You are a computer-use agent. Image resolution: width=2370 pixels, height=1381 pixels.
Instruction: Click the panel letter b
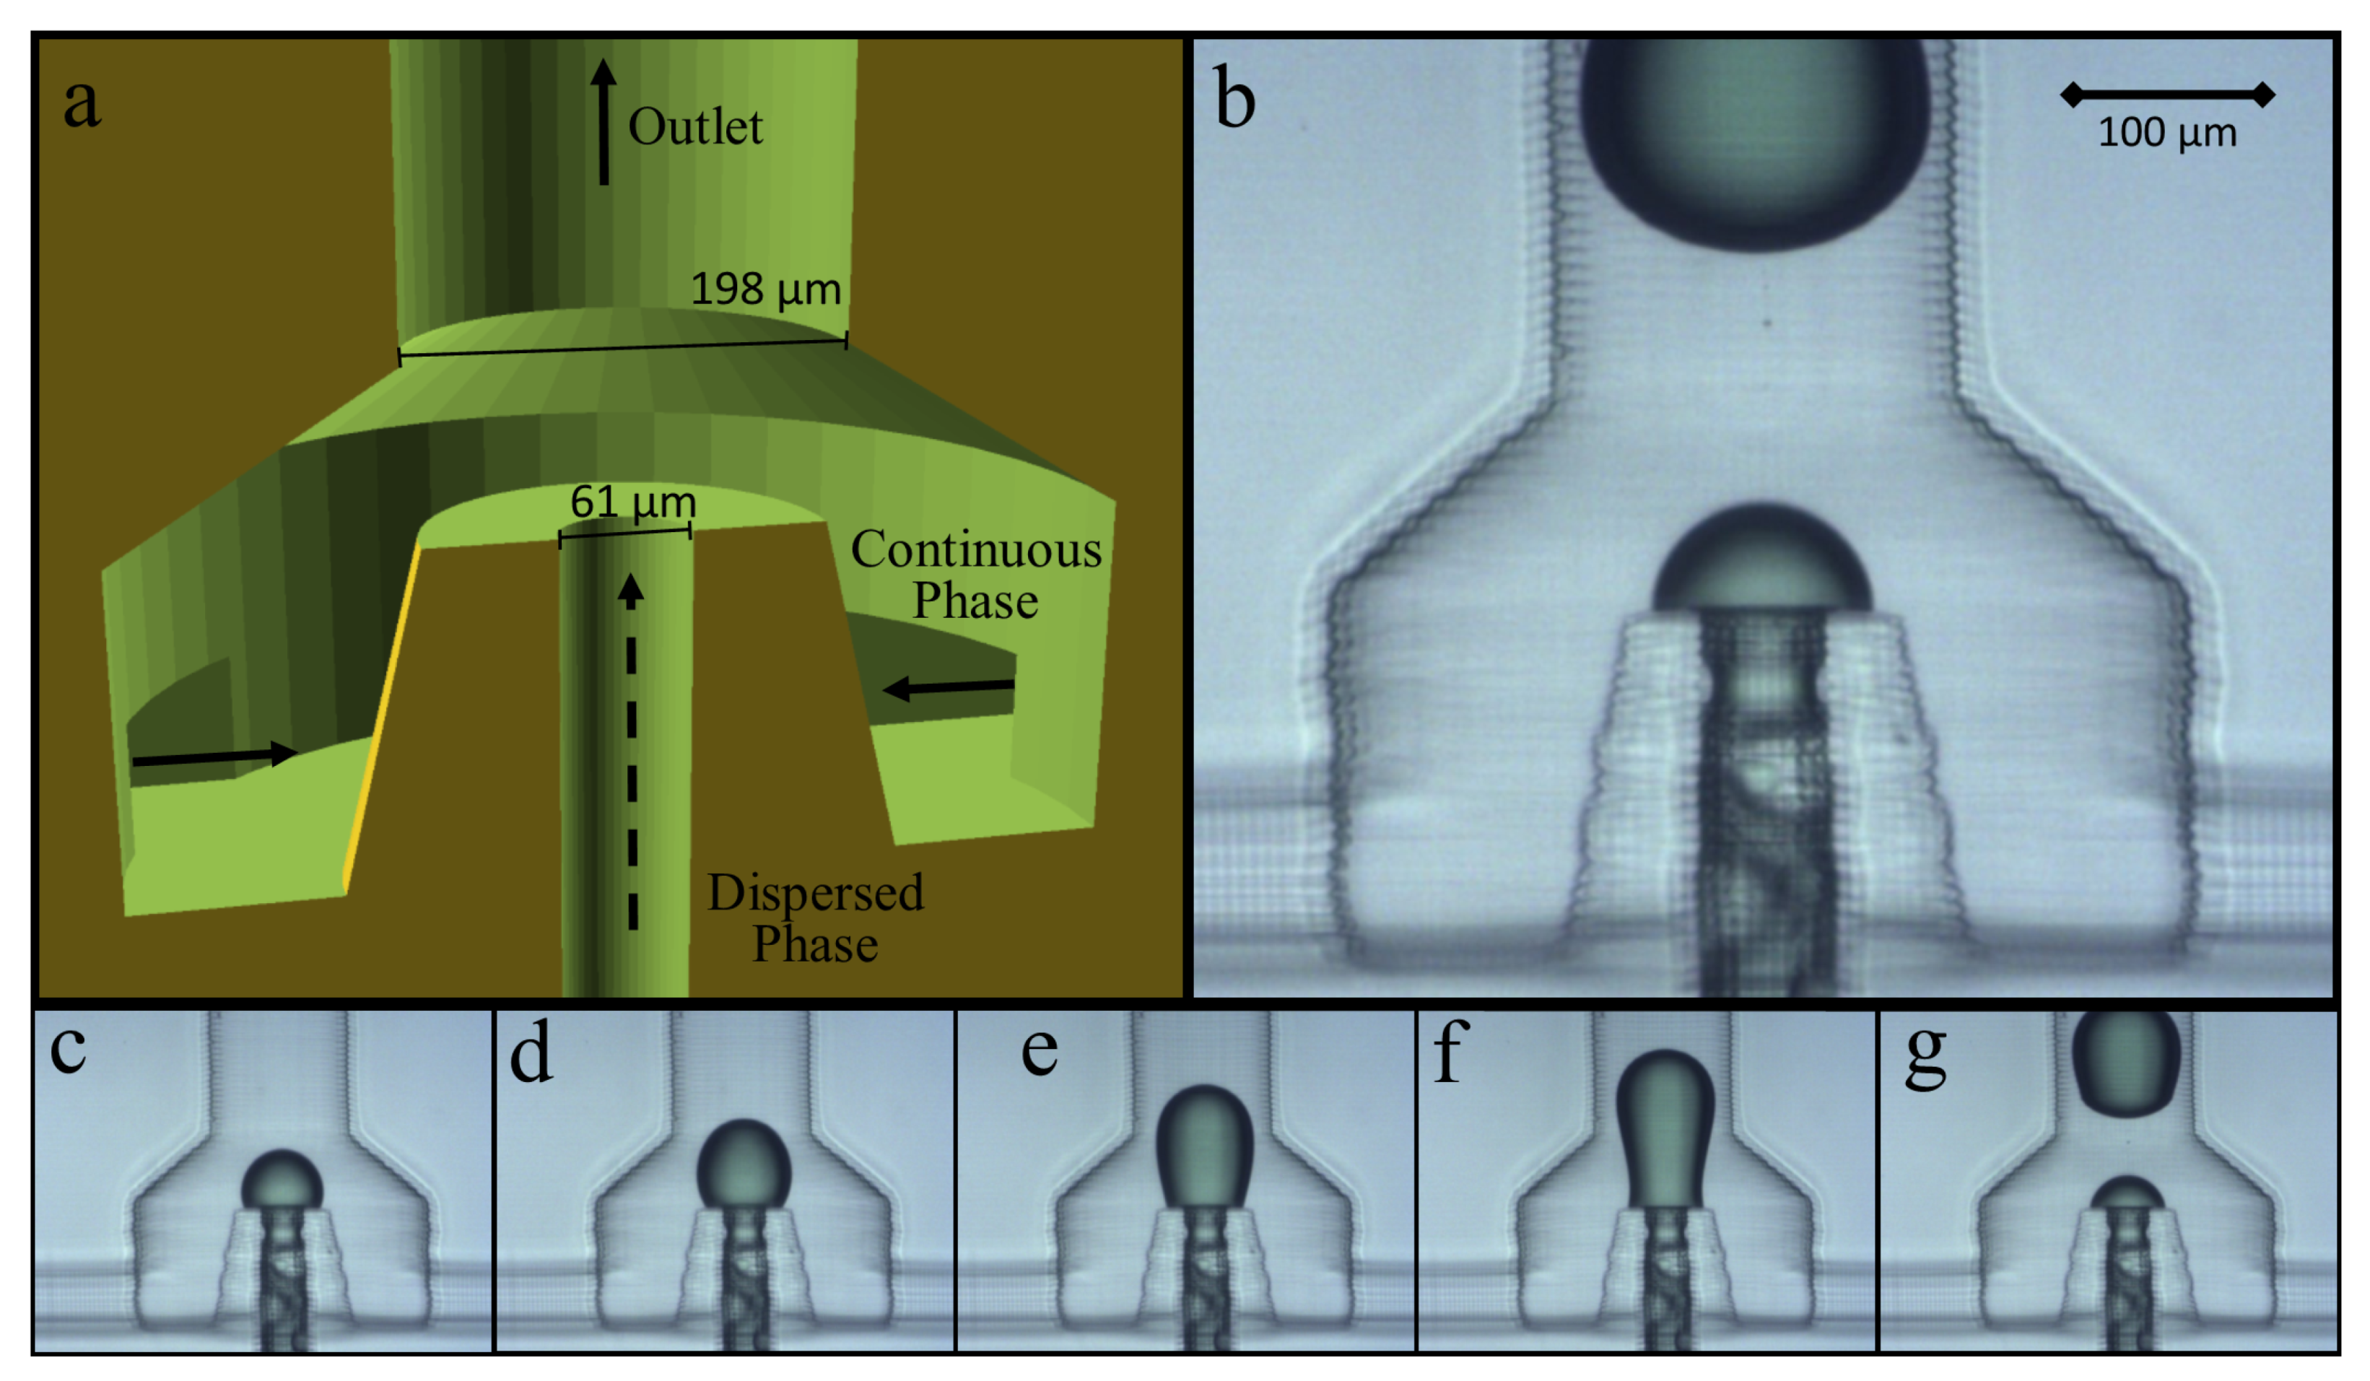[1235, 100]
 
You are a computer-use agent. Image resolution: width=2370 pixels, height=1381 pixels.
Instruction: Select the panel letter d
[531, 1055]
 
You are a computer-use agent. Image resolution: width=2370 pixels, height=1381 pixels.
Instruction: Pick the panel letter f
[1450, 1053]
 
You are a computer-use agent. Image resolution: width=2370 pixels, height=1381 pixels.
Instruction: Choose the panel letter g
[1925, 1055]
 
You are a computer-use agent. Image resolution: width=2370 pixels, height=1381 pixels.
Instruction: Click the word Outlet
[695, 127]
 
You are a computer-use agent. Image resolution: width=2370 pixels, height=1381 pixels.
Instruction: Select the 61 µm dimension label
[633, 502]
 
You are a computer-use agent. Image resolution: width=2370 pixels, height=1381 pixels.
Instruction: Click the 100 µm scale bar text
[2167, 133]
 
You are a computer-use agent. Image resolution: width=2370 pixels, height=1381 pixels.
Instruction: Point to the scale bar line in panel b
[2167, 94]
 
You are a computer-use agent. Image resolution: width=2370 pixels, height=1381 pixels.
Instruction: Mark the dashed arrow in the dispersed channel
[632, 753]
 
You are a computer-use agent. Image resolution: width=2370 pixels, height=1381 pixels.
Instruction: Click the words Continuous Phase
[975, 575]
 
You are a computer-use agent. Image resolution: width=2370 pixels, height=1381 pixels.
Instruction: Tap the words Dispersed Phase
[816, 918]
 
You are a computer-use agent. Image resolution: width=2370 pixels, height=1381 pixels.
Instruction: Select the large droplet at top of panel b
[1754, 141]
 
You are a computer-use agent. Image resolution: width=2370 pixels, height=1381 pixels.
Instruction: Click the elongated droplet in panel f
[1665, 1129]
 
